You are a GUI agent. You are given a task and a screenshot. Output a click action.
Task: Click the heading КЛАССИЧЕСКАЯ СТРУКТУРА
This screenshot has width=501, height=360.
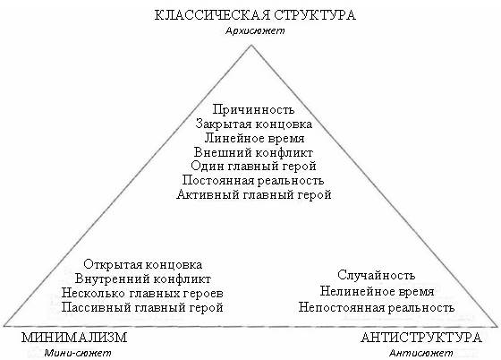tap(255, 15)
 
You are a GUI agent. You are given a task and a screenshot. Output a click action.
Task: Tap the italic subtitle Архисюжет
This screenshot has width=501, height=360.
tap(255, 30)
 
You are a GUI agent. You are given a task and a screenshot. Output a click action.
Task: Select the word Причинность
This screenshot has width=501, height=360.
tap(253, 109)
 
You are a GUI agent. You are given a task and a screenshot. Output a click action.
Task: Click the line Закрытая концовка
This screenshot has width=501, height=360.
tap(254, 124)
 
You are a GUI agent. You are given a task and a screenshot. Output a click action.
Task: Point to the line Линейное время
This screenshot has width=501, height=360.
tap(254, 138)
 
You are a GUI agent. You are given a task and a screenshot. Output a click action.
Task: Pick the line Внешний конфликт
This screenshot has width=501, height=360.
tap(253, 152)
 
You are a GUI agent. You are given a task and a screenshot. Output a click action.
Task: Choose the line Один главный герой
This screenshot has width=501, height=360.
tap(253, 167)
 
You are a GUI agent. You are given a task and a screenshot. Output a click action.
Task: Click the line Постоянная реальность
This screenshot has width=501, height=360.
tap(253, 180)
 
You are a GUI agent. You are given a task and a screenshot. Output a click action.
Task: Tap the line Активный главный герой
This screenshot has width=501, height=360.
tap(254, 194)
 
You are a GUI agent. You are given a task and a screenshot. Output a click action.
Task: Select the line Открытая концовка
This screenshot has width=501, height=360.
tap(143, 265)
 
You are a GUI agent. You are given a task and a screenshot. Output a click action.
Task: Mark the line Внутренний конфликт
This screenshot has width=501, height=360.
tap(143, 279)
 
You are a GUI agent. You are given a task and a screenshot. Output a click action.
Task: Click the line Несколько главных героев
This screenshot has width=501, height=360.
tap(142, 293)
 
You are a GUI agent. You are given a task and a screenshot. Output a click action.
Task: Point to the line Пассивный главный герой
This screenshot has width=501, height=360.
tap(142, 307)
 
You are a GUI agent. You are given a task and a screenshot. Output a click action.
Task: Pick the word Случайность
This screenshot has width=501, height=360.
tap(377, 275)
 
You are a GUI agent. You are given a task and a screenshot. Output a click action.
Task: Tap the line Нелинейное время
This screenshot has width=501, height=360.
tap(377, 292)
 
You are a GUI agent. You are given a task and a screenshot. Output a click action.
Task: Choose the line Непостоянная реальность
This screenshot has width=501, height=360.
tap(377, 307)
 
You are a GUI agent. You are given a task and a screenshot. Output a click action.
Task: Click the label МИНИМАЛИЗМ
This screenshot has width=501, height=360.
tap(74, 338)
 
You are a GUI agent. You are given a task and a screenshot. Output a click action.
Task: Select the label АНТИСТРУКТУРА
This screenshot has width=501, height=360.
tap(421, 338)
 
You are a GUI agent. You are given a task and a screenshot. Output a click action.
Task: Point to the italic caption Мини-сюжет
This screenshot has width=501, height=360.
tap(78, 353)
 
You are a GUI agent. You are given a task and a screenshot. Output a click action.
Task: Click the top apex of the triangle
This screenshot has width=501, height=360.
tap(251, 45)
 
